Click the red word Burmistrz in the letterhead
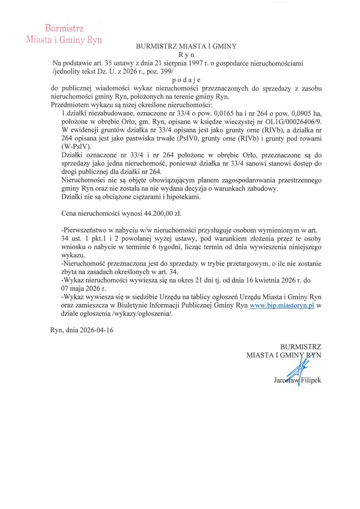[x=64, y=28]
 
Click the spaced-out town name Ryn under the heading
[x=186, y=54]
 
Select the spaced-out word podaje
[x=186, y=80]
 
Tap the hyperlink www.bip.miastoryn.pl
[x=282, y=305]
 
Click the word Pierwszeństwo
[x=87, y=230]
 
